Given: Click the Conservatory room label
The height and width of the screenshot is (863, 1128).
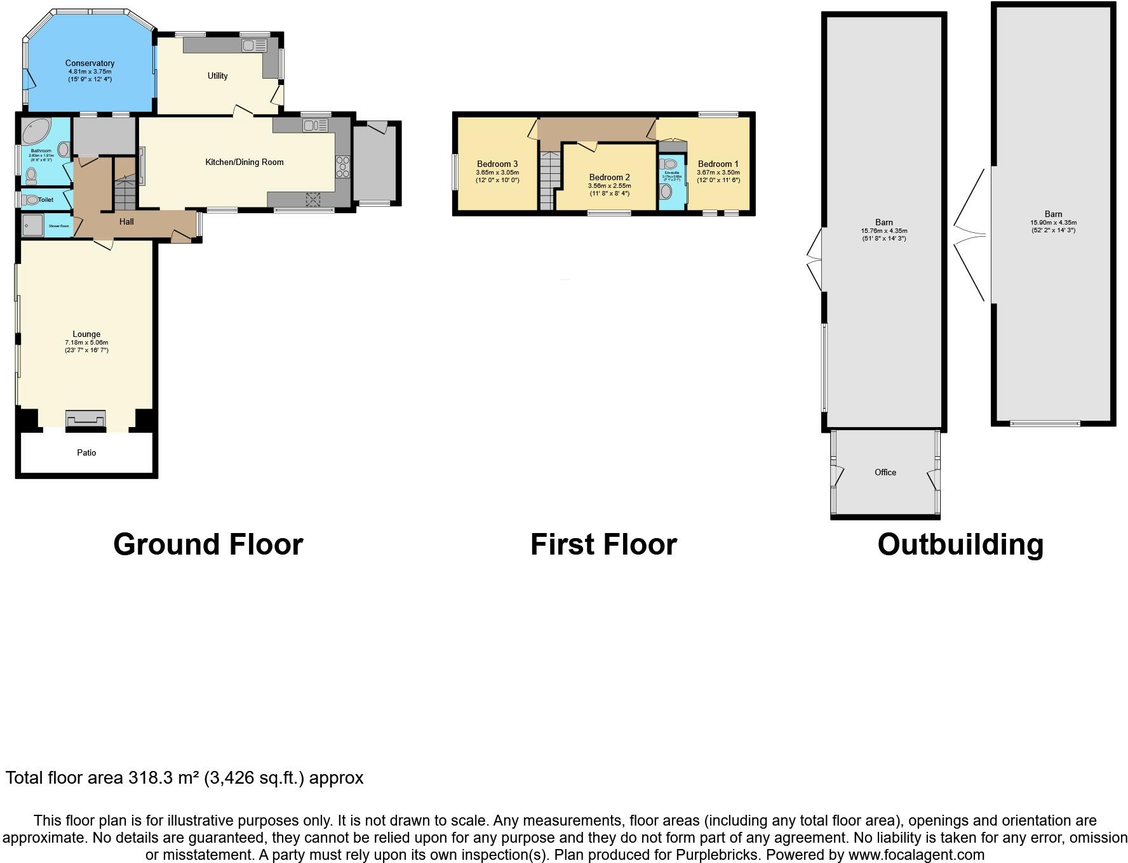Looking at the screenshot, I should click(90, 63).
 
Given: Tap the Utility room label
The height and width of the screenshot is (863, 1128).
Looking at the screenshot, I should click(217, 76).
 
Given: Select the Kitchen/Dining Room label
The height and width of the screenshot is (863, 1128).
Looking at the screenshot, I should click(244, 162).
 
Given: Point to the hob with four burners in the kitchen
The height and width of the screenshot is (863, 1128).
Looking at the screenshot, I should click(342, 166).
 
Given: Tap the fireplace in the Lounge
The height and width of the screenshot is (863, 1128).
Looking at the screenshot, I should click(85, 419).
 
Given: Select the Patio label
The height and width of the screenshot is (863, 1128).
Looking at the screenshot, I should click(86, 453).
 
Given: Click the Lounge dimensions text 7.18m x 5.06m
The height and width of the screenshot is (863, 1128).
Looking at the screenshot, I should click(86, 343).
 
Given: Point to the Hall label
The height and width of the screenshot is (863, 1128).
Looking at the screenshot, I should click(126, 222).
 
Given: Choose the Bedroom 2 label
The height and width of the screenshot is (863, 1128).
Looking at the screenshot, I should click(609, 178).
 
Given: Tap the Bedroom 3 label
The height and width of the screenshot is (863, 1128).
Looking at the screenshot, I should click(497, 164).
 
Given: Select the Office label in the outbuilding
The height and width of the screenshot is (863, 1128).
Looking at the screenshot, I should click(885, 473).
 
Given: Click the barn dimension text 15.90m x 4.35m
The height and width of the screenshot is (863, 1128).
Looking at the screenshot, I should click(1053, 223).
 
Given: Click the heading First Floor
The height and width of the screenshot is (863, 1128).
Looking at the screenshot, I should click(603, 545).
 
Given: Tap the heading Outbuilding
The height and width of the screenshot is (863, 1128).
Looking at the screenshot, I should click(960, 545).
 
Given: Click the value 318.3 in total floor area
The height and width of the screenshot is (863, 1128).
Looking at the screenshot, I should click(148, 778).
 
